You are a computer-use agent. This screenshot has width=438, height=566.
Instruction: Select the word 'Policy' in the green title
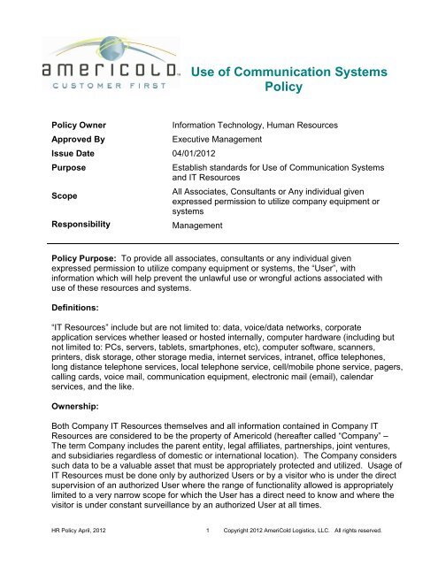(277, 89)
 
